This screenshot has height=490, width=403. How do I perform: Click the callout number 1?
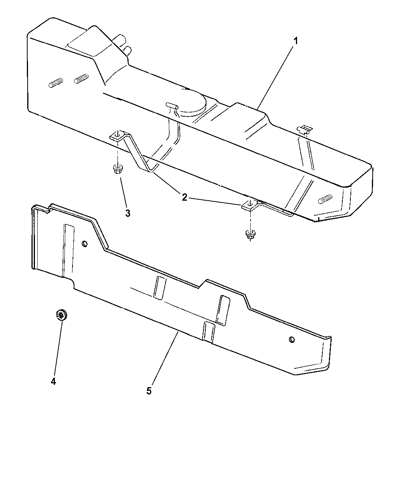tap(296, 41)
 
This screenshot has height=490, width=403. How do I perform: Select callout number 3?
tap(128, 213)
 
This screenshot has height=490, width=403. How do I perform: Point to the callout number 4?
tap(53, 381)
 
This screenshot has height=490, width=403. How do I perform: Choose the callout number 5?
tap(149, 391)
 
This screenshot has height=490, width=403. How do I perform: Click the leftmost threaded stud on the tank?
tap(56, 82)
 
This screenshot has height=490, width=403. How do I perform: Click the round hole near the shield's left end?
tap(85, 244)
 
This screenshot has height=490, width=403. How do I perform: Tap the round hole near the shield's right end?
tap(292, 340)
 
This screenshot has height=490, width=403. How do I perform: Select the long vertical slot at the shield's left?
tap(68, 251)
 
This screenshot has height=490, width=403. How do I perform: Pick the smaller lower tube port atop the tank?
tap(127, 50)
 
